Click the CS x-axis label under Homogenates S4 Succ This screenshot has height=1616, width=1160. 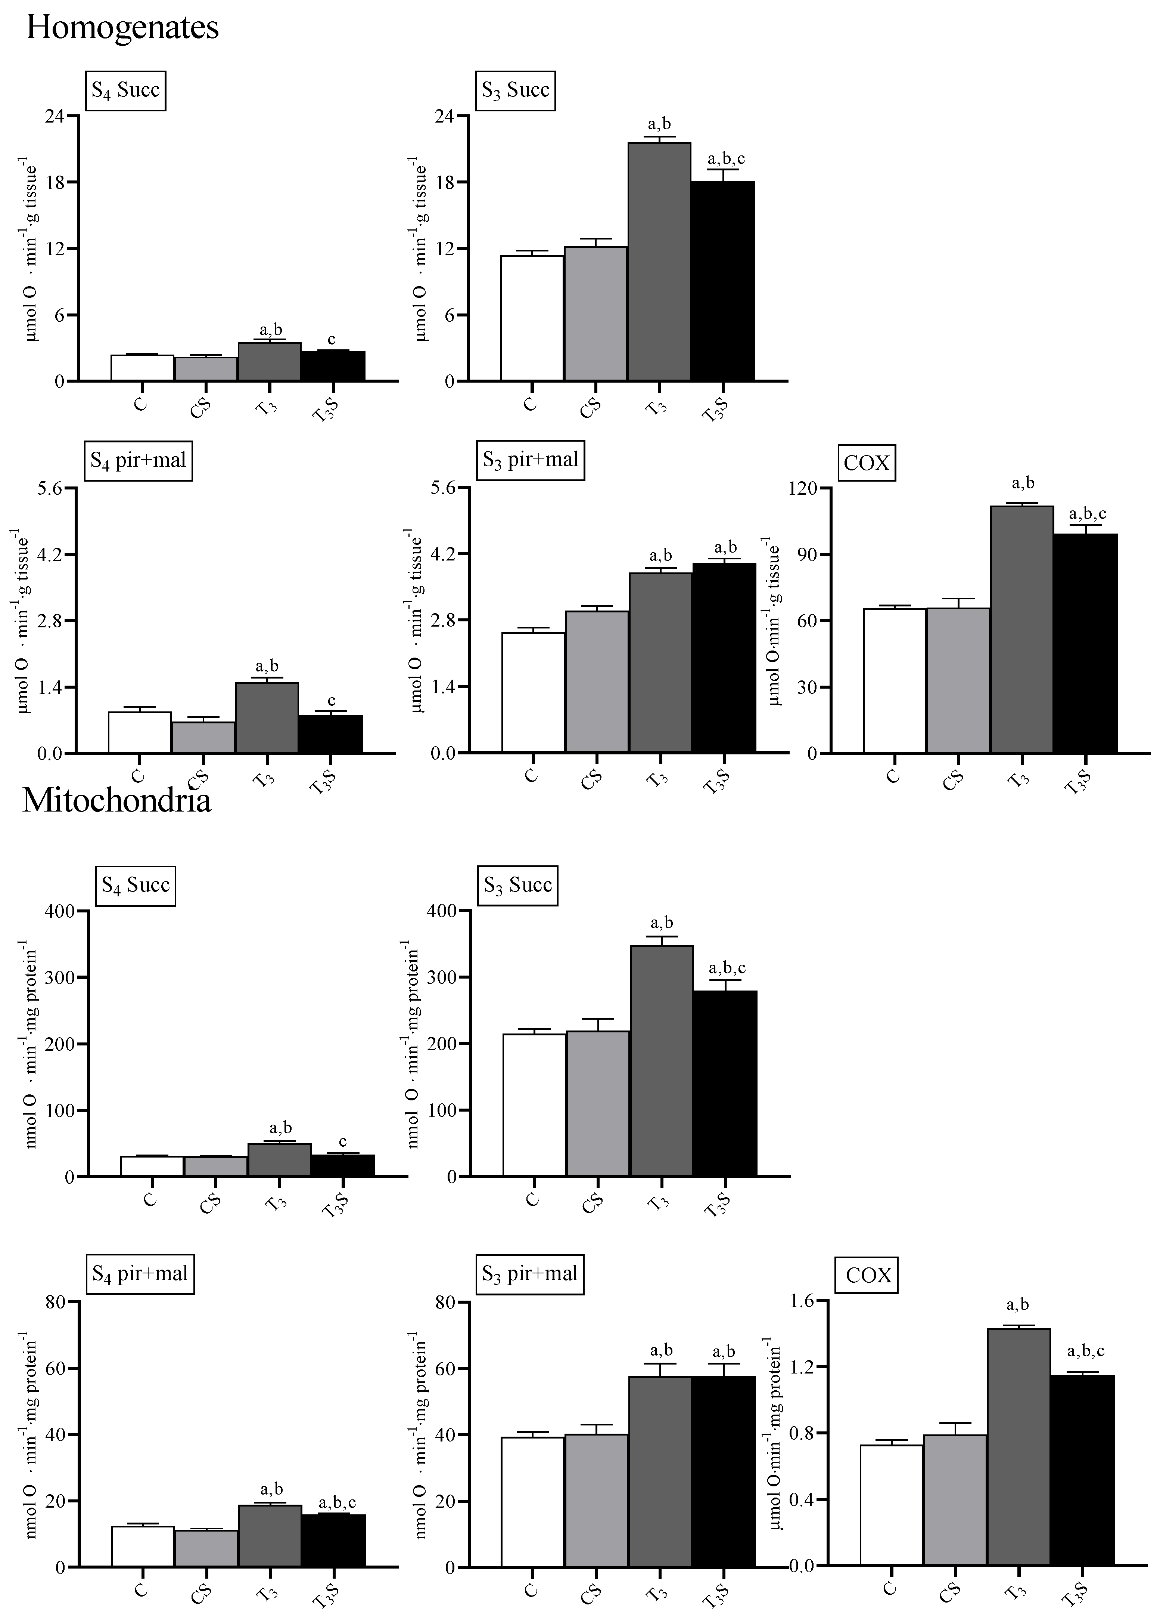(204, 408)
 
